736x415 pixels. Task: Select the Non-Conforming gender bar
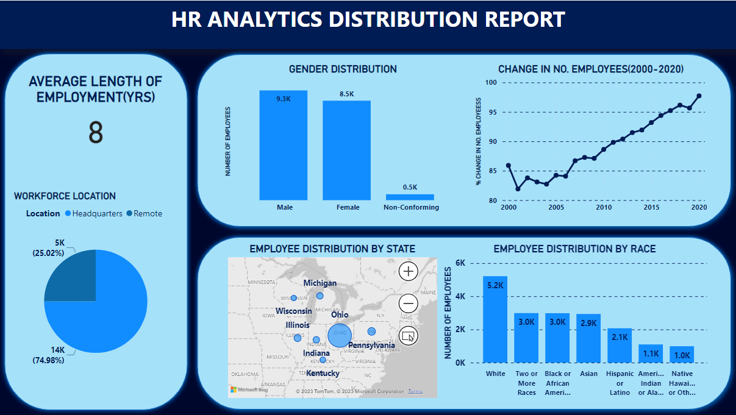[x=410, y=197]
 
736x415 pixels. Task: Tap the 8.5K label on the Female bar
[x=346, y=94]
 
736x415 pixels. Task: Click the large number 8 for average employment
[x=96, y=133]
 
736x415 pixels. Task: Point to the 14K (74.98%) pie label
[x=48, y=355]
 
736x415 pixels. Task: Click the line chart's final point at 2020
[x=699, y=96]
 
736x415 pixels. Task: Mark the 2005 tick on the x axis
[x=556, y=208]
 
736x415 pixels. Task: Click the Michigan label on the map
[x=320, y=283]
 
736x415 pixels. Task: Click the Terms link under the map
[x=415, y=391]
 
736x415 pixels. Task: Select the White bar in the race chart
[x=495, y=319]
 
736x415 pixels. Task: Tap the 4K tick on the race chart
[x=460, y=297]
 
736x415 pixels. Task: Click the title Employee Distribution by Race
[x=574, y=249]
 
